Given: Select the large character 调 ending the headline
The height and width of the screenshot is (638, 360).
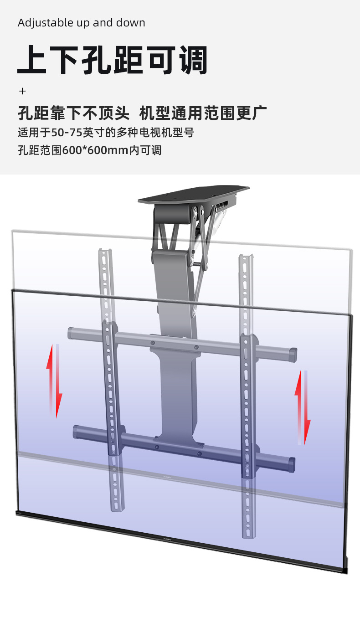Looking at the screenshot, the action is [193, 60].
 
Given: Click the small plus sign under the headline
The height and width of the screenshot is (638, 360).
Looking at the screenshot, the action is [22, 91].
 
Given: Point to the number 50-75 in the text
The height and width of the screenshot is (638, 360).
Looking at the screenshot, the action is [67, 133].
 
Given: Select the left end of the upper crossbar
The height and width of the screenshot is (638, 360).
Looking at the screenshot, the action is [71, 333].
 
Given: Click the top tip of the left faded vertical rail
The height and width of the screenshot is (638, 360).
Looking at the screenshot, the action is [105, 250].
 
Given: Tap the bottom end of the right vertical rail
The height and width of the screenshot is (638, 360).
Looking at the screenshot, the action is [249, 537].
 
